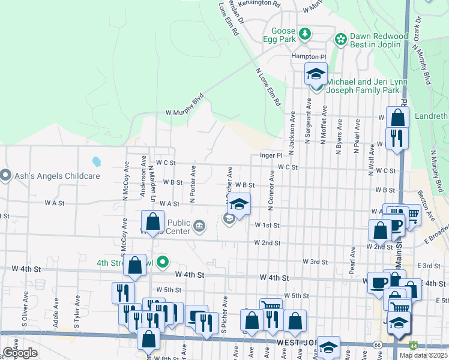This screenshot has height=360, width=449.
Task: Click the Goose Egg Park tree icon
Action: point(306,34)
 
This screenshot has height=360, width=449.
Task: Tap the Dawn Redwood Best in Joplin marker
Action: point(341,40)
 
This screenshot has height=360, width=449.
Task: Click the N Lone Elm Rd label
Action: point(268,87)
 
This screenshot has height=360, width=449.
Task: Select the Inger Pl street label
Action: point(271,155)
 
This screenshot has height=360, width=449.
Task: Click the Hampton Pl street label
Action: point(308,56)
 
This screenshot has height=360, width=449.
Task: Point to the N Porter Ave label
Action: point(193,184)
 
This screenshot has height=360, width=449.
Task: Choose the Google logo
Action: point(20,353)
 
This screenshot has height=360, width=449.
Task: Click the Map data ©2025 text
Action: point(423,355)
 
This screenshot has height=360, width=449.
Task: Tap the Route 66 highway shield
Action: point(377,346)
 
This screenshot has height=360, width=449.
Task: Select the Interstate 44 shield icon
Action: point(413,346)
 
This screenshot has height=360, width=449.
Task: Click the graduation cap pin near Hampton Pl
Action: point(316,74)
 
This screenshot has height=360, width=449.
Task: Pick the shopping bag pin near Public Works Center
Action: point(153,222)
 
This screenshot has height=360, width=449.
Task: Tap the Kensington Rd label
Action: point(268,4)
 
